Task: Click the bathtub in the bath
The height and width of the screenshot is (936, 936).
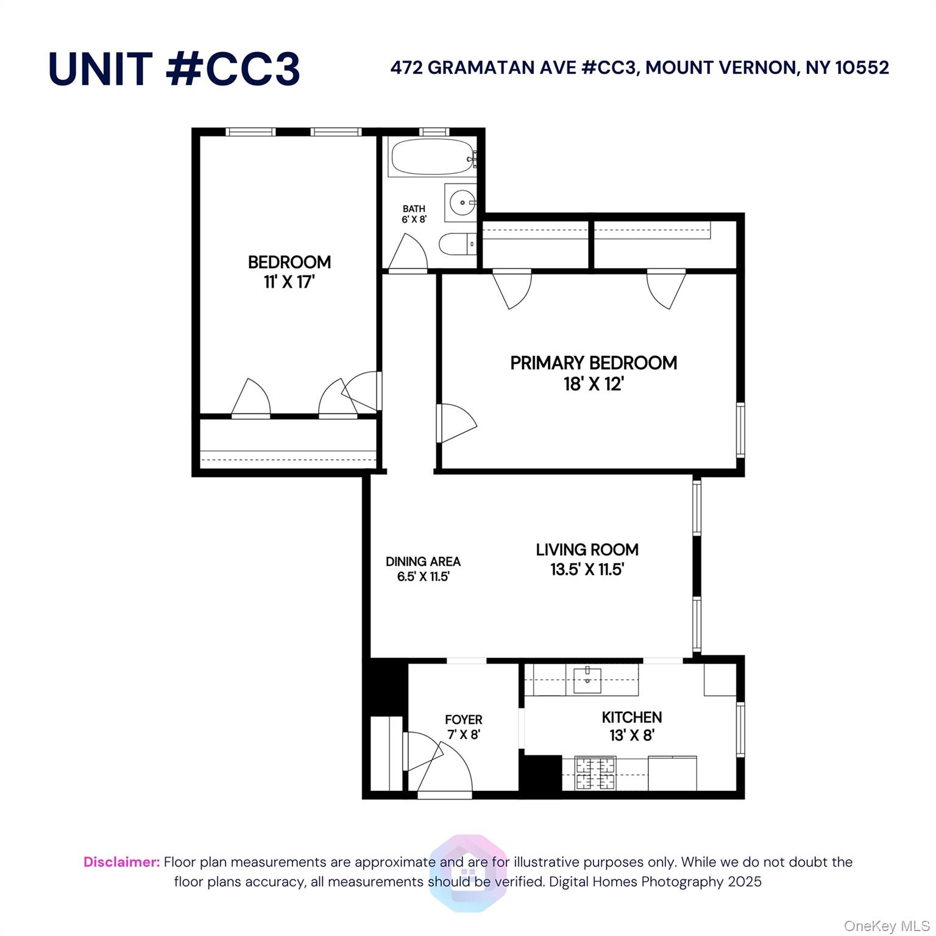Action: click(x=431, y=158)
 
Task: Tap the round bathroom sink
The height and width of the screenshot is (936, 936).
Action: click(x=462, y=202)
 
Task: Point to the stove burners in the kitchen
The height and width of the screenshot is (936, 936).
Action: click(x=597, y=773)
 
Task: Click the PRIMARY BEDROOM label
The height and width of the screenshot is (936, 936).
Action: click(x=593, y=363)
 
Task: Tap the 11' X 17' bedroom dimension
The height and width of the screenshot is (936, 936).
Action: click(x=289, y=282)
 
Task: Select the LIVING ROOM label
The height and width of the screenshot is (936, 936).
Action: click(x=587, y=550)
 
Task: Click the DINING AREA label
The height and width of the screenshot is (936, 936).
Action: click(x=423, y=561)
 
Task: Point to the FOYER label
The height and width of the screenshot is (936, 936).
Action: click(x=463, y=720)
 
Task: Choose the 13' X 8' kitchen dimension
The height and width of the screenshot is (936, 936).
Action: click(x=631, y=736)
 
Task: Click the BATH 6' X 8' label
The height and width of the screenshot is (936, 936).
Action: click(x=414, y=214)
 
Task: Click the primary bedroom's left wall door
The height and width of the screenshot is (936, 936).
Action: click(x=455, y=422)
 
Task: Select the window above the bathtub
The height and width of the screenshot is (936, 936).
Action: click(x=434, y=132)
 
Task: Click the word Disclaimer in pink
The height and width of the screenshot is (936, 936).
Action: click(x=121, y=862)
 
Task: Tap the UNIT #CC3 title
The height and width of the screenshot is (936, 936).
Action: click(x=174, y=68)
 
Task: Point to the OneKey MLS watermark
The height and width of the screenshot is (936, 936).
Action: click(x=886, y=926)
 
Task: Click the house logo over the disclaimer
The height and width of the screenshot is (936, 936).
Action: click(x=468, y=873)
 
